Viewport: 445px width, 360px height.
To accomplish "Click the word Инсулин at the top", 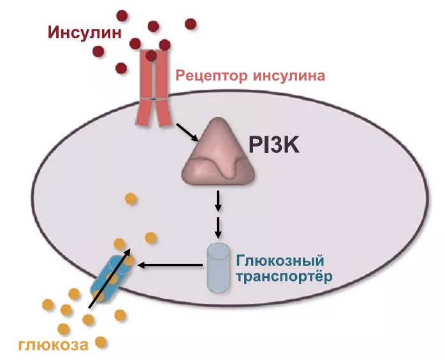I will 81,31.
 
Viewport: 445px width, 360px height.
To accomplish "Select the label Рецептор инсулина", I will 251,76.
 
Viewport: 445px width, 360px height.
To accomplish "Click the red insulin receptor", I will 152,89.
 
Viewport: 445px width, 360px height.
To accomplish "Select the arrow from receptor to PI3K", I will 186,133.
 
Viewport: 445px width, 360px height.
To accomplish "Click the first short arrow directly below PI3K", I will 219,200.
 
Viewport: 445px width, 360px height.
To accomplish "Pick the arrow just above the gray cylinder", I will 219,227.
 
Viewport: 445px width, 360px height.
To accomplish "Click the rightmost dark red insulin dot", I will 191,24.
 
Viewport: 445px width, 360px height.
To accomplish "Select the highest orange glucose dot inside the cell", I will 130,198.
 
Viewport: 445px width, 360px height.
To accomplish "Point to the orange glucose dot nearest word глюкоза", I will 100,341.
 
